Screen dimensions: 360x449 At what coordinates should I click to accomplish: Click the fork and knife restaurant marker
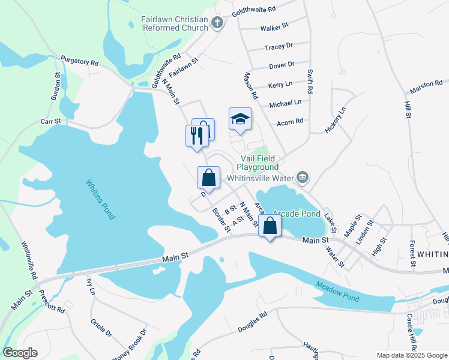pyautogui.click(x=194, y=136)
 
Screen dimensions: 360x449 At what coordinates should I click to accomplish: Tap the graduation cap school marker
pyautogui.click(x=240, y=119)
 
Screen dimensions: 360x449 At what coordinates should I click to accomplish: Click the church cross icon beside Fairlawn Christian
pyautogui.click(x=217, y=23)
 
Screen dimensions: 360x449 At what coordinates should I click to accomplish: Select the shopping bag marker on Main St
pyautogui.click(x=270, y=227)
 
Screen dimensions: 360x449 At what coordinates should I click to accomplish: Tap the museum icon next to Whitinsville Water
pyautogui.click(x=303, y=177)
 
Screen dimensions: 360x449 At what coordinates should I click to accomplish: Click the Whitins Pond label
pyautogui.click(x=100, y=200)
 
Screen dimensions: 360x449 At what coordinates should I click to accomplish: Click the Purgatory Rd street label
pyautogui.click(x=79, y=62)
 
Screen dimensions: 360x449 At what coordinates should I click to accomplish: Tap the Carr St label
pyautogui.click(x=51, y=121)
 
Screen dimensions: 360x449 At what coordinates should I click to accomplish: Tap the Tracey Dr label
pyautogui.click(x=279, y=46)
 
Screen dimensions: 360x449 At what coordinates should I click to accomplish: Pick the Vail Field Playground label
pyautogui.click(x=257, y=162)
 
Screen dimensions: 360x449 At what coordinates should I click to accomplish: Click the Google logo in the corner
pyautogui.click(x=20, y=353)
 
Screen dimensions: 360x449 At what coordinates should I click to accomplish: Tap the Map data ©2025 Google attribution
pyautogui.click(x=412, y=355)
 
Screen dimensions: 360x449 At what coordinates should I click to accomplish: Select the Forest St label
pyautogui.click(x=412, y=253)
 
